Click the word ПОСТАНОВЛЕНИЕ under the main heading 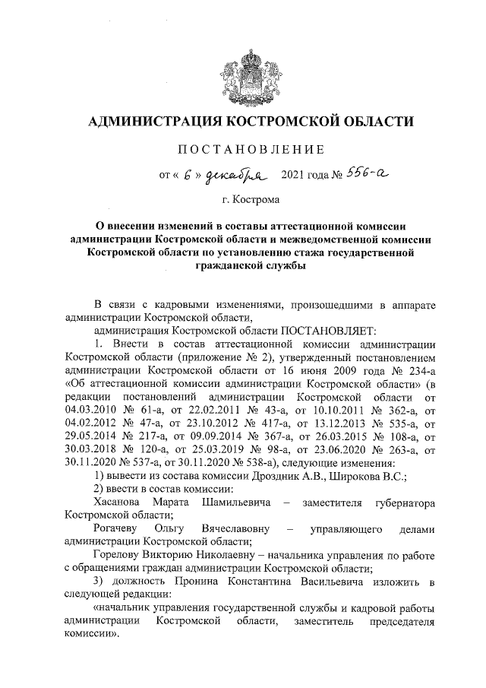[x=251, y=147]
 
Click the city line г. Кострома [x=251, y=201]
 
